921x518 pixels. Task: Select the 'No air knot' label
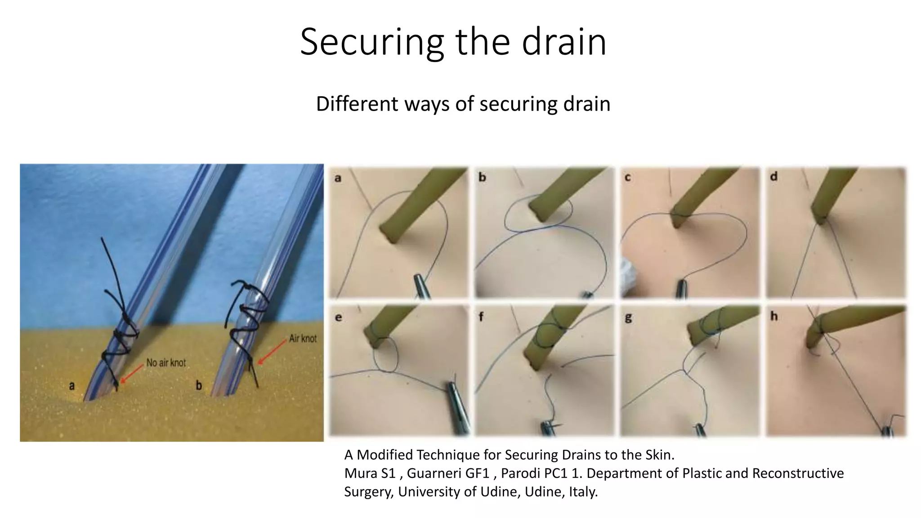[x=166, y=362]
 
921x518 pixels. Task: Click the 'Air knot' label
[x=303, y=338]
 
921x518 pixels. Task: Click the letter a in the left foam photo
[x=72, y=385]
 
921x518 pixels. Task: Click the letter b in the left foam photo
[x=198, y=385]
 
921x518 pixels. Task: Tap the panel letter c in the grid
[x=628, y=178]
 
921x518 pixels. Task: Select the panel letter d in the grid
[x=773, y=177]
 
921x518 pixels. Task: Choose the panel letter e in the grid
[x=338, y=317]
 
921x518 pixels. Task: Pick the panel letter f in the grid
[x=481, y=317]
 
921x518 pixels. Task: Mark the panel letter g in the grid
[x=628, y=318]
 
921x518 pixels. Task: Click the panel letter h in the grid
[x=773, y=317]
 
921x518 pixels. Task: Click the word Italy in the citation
[x=583, y=491]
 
